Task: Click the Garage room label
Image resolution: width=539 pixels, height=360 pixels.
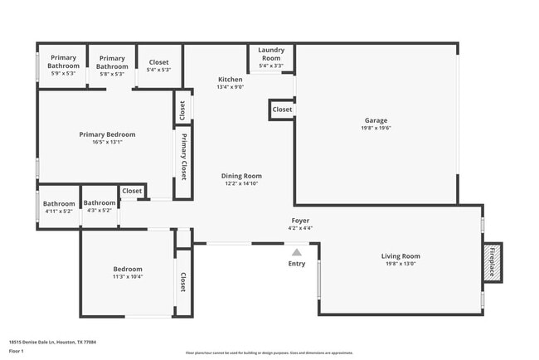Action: (376, 119)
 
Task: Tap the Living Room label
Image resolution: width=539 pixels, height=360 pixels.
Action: (401, 256)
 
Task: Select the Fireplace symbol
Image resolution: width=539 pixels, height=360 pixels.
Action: (493, 262)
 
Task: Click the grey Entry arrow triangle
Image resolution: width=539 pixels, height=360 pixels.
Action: (297, 251)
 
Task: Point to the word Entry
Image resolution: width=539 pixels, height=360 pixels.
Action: (297, 264)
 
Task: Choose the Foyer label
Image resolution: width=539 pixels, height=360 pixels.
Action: (299, 221)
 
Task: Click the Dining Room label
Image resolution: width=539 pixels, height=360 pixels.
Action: (241, 176)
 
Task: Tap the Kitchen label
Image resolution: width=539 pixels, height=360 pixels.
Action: (230, 80)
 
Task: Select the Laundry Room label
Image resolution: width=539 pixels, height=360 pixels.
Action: (271, 54)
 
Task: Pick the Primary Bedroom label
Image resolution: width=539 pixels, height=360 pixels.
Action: (107, 134)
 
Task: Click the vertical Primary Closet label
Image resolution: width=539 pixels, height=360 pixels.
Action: (183, 156)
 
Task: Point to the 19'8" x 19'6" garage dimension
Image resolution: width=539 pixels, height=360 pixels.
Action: (376, 128)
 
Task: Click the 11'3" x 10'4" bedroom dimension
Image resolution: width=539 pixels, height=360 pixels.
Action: (128, 276)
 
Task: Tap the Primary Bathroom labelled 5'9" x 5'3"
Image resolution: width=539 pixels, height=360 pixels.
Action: (63, 66)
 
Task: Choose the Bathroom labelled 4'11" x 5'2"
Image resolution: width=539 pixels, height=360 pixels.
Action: (59, 207)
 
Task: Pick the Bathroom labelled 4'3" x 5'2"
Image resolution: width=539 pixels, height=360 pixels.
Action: (100, 207)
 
